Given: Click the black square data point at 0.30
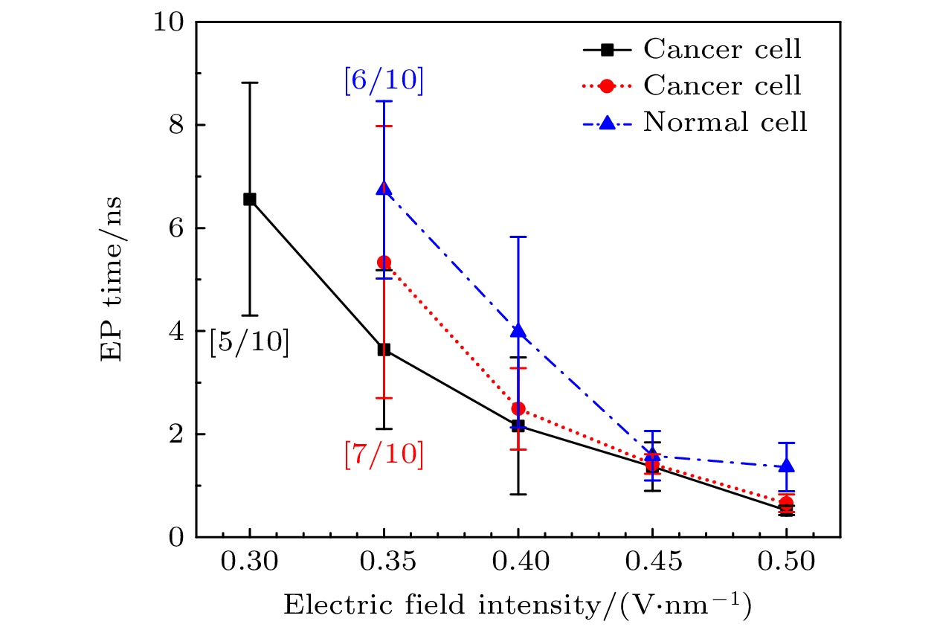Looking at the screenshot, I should tap(250, 199).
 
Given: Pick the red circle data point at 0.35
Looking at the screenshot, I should tap(384, 263).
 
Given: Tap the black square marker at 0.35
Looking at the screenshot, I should tap(384, 350).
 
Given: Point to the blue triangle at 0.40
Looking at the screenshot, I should tap(518, 331).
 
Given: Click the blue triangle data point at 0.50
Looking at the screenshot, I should tap(787, 466).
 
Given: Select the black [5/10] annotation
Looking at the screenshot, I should tap(249, 343).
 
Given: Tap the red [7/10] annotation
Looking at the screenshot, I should tap(384, 455).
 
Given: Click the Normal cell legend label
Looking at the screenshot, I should tap(725, 121).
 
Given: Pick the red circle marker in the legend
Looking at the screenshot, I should tap(607, 86).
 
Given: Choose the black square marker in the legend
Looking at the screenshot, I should tap(607, 50).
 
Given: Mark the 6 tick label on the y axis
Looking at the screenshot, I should tap(176, 228).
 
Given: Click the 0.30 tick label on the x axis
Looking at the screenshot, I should tap(250, 564).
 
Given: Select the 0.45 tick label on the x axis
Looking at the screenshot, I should tap(652, 564).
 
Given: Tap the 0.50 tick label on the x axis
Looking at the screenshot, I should tap(787, 564).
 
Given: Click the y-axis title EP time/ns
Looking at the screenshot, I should tap(112, 279).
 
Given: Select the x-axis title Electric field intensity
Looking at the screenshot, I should tap(518, 605).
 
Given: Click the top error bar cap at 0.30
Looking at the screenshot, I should tap(250, 83).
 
